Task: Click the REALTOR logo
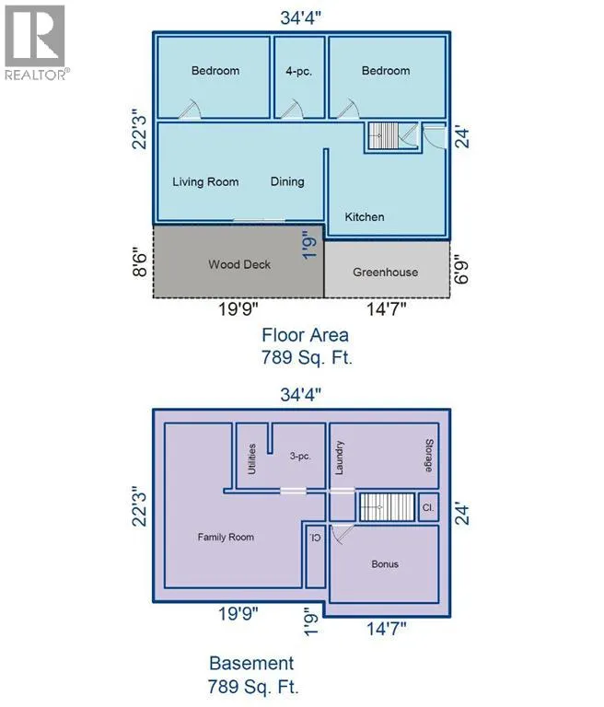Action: [x=36, y=43]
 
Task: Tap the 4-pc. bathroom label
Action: [x=298, y=71]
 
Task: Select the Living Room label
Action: [x=205, y=182]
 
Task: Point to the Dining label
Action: [x=287, y=181]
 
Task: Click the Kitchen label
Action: [x=365, y=217]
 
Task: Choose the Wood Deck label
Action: [x=239, y=264]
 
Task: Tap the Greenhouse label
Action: [x=385, y=272]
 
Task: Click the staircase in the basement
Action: [x=387, y=507]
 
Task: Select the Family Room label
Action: [x=226, y=537]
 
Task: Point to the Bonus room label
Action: [x=385, y=564]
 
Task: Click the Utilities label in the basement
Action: [x=252, y=459]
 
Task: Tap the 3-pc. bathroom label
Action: [x=300, y=457]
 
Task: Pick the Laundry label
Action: [x=339, y=458]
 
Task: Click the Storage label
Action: [x=429, y=456]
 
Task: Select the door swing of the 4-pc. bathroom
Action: [x=292, y=110]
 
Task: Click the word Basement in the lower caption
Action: [x=251, y=663]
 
